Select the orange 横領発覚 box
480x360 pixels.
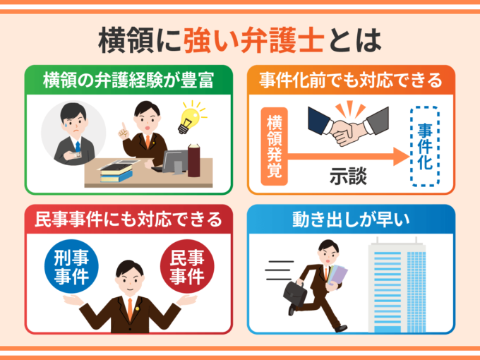click(x=274, y=146)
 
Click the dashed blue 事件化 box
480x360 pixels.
click(x=425, y=146)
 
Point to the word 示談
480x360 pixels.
click(x=348, y=176)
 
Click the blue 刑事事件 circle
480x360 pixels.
click(x=71, y=266)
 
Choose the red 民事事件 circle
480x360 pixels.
click(x=187, y=266)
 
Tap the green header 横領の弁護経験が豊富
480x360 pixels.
click(x=128, y=80)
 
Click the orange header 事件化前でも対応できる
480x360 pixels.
click(x=351, y=80)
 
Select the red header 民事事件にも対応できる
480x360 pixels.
click(x=128, y=220)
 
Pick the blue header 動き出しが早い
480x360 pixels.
click(x=351, y=220)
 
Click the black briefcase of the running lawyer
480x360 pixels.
click(x=294, y=293)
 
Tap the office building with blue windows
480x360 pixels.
click(x=397, y=284)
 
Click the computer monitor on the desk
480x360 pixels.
click(x=175, y=162)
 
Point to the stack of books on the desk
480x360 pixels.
click(x=116, y=172)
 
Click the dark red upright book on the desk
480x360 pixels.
click(x=194, y=160)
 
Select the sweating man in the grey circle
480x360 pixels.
click(x=74, y=133)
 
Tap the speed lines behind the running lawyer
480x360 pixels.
click(x=279, y=270)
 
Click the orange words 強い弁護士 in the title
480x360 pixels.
click(x=254, y=40)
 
